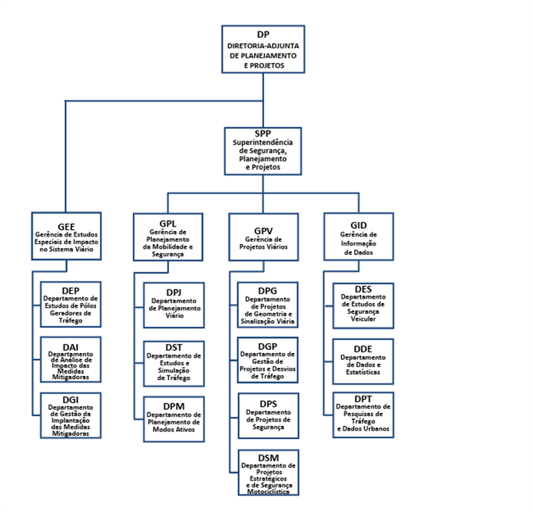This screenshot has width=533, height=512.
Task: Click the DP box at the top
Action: point(263,49)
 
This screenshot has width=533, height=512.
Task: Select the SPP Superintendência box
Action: point(263,151)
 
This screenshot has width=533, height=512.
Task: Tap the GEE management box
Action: point(66,236)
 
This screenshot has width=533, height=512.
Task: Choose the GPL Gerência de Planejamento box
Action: point(168,237)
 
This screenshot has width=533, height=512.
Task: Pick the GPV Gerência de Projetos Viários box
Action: point(263,237)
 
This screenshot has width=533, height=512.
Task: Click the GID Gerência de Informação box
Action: point(359,236)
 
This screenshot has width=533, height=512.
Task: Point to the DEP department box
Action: point(71,305)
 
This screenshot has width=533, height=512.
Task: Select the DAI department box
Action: point(71,359)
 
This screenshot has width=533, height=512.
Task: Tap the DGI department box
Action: point(71,415)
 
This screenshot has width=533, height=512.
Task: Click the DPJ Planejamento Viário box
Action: point(174,305)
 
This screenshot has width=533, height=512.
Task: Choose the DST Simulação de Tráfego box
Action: point(174,364)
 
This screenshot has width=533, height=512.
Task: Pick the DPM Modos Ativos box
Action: point(174,419)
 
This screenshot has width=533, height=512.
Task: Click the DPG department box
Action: point(267,305)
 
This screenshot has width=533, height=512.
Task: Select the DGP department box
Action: point(267,360)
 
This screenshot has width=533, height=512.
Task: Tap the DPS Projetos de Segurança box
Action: point(268,416)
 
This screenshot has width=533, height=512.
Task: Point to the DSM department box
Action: point(268,473)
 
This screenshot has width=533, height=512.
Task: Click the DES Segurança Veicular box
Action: point(363,306)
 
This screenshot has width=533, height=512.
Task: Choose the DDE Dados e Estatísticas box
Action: point(363,362)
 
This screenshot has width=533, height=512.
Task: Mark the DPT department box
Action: point(363,415)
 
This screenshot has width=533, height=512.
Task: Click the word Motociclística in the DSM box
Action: point(268,491)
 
